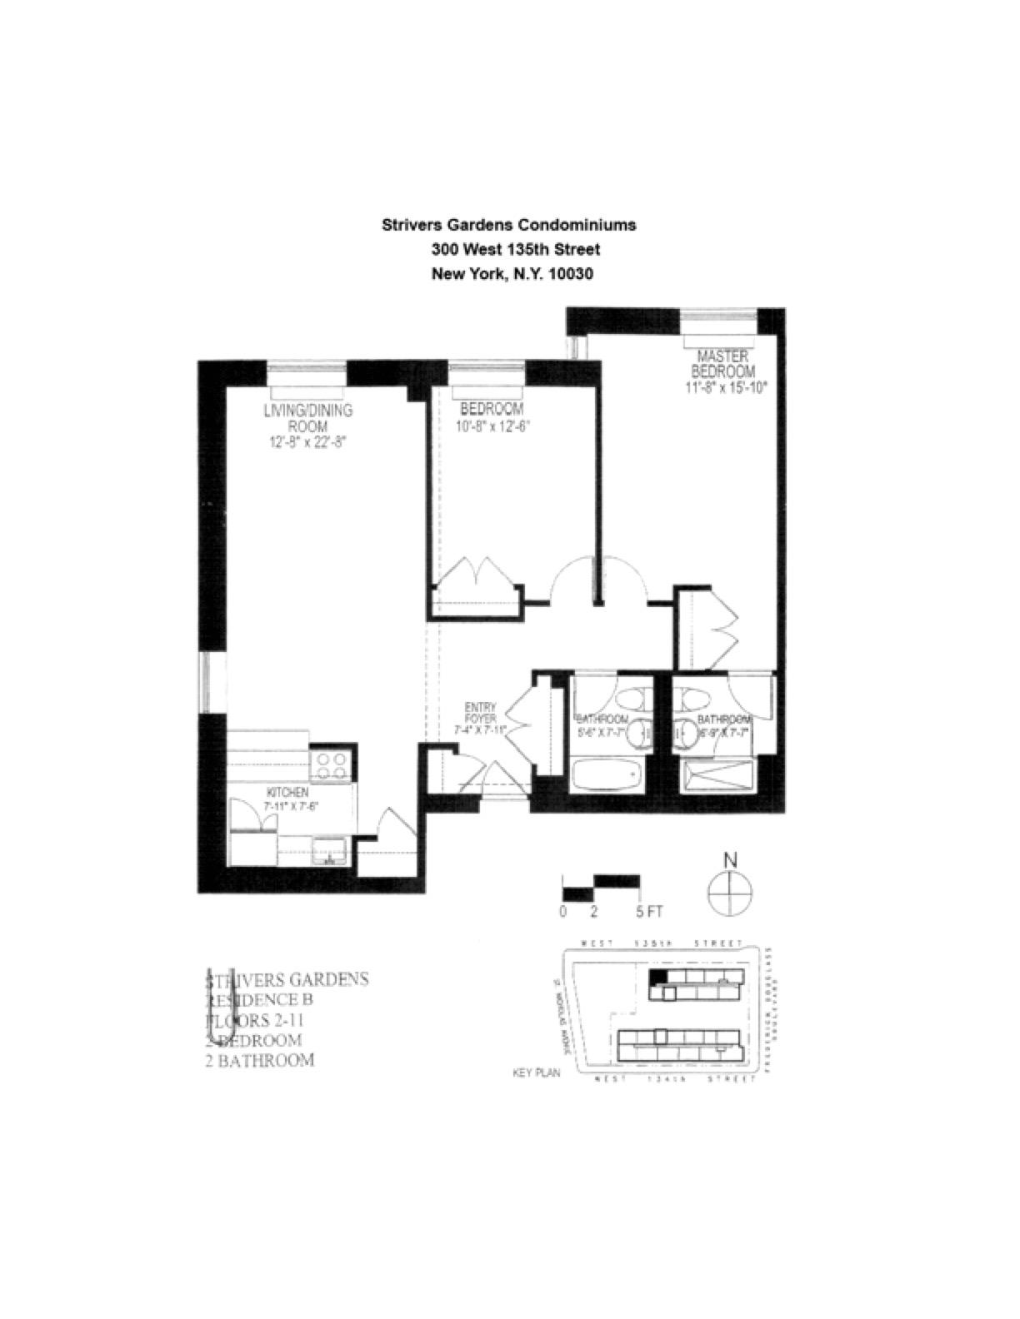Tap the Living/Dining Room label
point(307,418)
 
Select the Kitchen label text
point(287,792)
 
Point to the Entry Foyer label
point(481,713)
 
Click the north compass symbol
point(730,893)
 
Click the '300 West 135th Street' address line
point(515,249)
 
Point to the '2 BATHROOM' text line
point(260,1060)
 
